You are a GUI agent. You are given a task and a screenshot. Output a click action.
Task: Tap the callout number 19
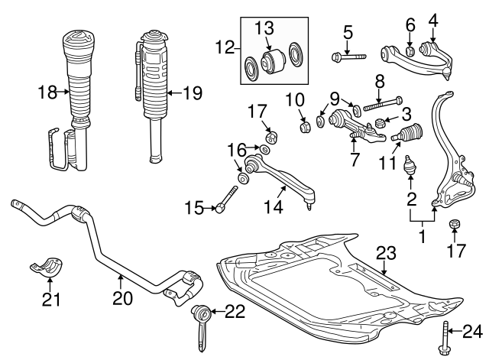coord(192,94)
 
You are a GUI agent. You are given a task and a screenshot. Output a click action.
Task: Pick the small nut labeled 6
coord(410,50)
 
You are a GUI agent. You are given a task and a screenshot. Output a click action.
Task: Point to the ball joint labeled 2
coord(410,164)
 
